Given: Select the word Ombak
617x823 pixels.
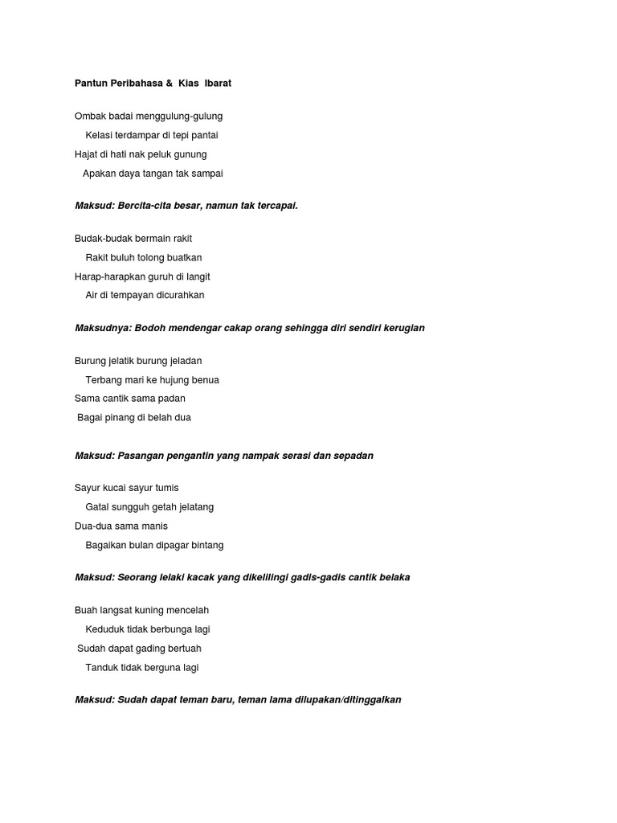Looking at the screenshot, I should [90, 116].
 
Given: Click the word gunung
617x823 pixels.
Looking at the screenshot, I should [191, 154].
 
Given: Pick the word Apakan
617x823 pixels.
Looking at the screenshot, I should [100, 173].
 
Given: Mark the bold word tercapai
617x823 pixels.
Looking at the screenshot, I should [275, 206].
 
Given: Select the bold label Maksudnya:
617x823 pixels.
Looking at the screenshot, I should [103, 328].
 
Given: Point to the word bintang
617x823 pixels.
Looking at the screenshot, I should [206, 545].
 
